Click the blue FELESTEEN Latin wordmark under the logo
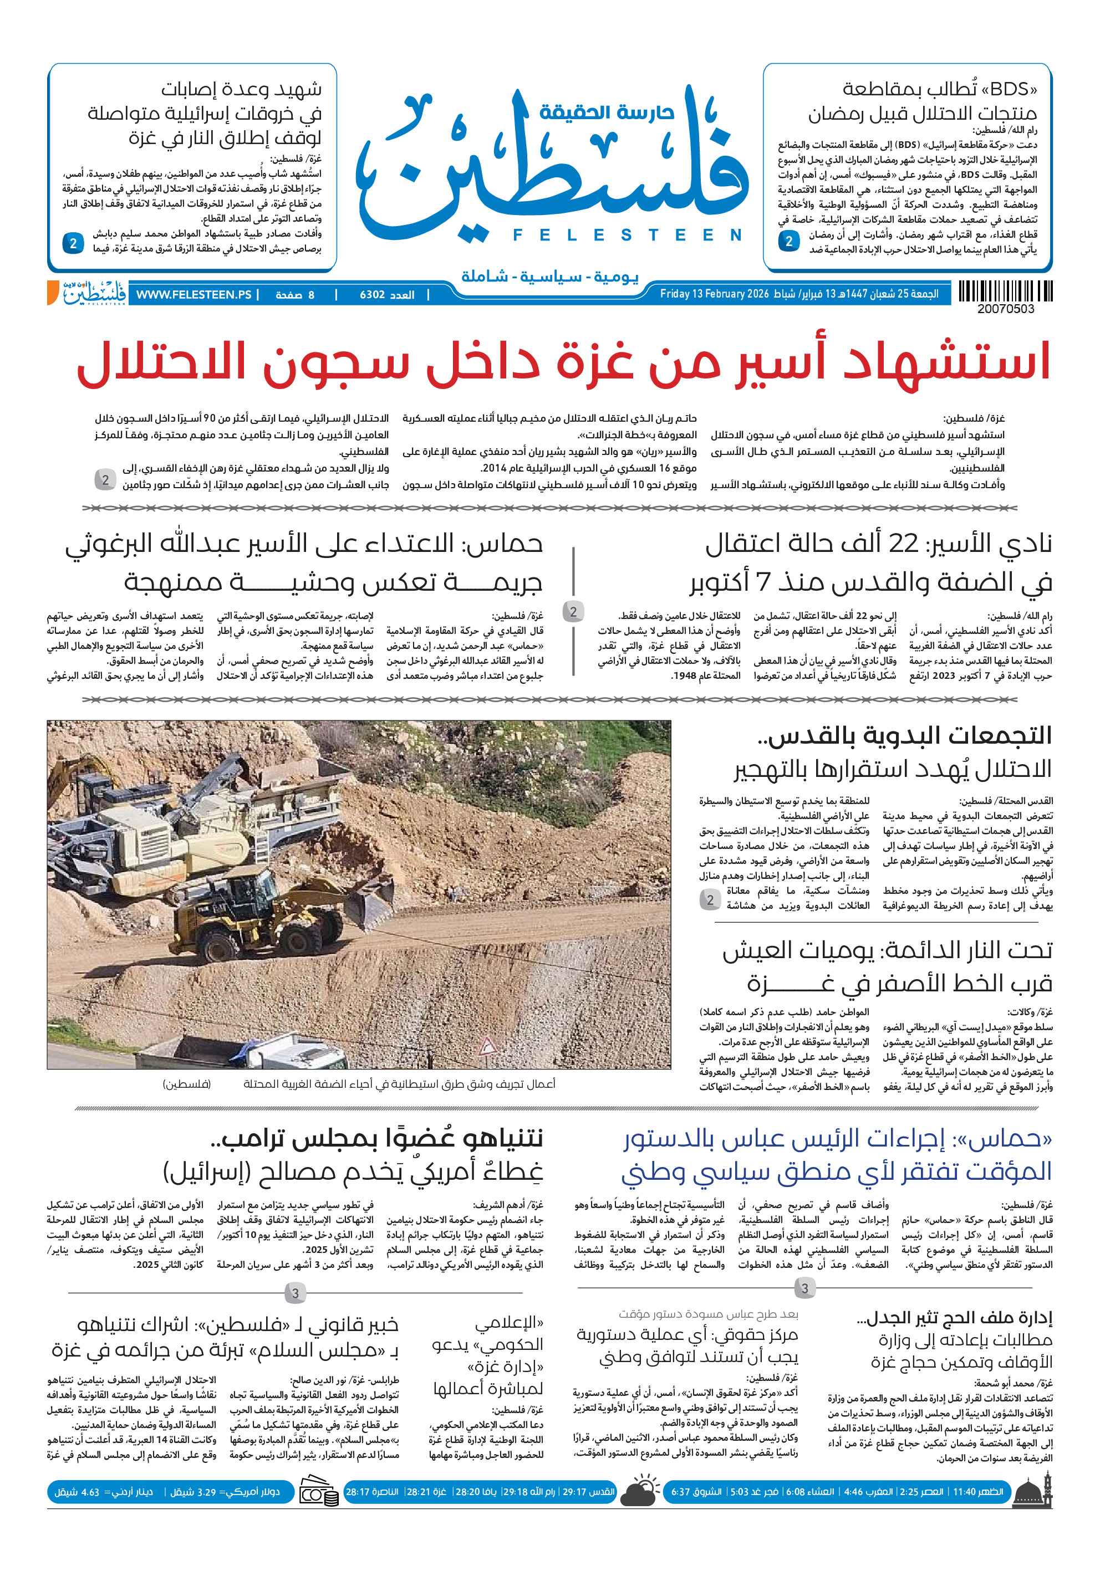click(x=627, y=236)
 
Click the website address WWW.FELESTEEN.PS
click(x=193, y=295)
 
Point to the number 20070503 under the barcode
click(x=1006, y=309)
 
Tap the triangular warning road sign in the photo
click(x=487, y=1046)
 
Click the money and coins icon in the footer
click(x=319, y=1492)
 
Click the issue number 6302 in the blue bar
click(x=373, y=295)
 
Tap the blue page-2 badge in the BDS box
click(x=788, y=241)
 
